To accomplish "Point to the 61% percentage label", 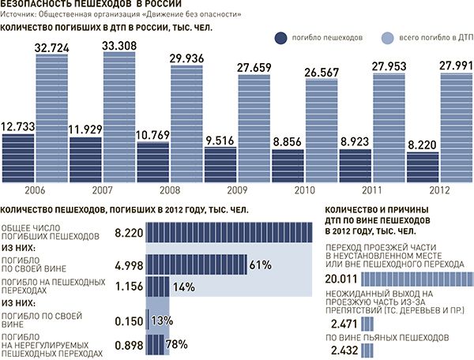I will tap(261, 263).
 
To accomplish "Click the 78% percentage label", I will tap(178, 343).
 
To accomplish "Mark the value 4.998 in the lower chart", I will tap(130, 263).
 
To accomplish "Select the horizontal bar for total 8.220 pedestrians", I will tap(230, 233).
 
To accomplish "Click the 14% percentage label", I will tap(184, 287).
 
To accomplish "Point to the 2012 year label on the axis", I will tap(439, 191).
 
